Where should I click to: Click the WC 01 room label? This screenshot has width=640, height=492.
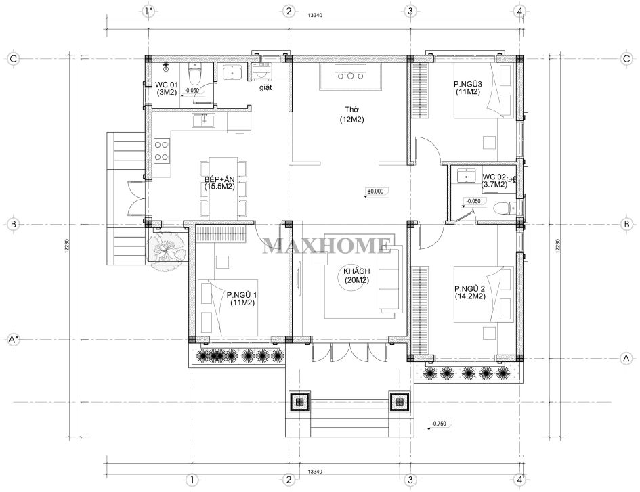167,89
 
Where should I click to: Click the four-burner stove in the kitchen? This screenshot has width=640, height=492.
162,151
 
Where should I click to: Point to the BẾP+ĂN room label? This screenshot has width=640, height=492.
219,183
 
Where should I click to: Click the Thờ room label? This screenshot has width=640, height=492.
351,114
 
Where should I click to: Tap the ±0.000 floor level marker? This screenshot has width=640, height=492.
375,192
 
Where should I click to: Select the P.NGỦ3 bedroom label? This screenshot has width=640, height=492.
468,88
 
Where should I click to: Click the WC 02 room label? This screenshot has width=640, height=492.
494,181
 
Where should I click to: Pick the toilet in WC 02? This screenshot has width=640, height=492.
503,208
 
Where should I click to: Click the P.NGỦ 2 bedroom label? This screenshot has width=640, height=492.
470,292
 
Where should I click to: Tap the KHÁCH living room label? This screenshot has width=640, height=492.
357,276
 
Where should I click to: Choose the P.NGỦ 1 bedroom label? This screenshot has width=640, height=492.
242,298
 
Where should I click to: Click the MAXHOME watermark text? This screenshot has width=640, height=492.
326,246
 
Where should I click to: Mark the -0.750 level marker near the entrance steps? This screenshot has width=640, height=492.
439,424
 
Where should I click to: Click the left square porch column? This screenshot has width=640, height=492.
300,402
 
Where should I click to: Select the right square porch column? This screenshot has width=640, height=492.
399,402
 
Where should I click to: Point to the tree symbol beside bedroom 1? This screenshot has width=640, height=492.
167,248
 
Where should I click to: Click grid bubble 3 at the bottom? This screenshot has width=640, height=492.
410,480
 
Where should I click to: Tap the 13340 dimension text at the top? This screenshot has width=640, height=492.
315,16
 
